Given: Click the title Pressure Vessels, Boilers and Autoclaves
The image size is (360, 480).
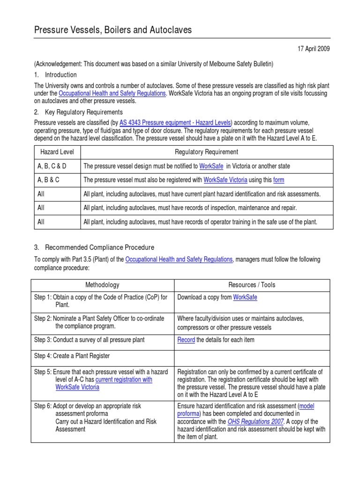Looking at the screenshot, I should (x=113, y=30).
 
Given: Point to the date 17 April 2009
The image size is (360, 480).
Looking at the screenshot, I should (x=314, y=49).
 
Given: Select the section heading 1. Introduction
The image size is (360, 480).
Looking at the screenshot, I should (x=55, y=75).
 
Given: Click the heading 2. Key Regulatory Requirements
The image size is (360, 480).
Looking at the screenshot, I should (x=78, y=112).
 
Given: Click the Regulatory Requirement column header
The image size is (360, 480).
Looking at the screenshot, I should (x=206, y=152).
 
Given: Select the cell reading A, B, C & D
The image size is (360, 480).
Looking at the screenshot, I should (x=52, y=166).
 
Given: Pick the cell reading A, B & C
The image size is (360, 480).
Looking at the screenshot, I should (x=48, y=180).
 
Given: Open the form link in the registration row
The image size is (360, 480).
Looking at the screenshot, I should (x=279, y=180).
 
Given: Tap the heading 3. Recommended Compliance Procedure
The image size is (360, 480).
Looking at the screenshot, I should (x=94, y=247).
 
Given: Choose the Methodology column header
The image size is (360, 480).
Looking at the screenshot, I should (x=102, y=285).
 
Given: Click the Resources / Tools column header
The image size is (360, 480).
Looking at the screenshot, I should (x=252, y=285).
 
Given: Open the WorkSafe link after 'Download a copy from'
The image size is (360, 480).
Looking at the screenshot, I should (x=245, y=297).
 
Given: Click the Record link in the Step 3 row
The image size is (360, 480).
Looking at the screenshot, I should (x=186, y=340).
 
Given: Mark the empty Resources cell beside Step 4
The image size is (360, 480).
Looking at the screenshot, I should (x=252, y=356).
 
